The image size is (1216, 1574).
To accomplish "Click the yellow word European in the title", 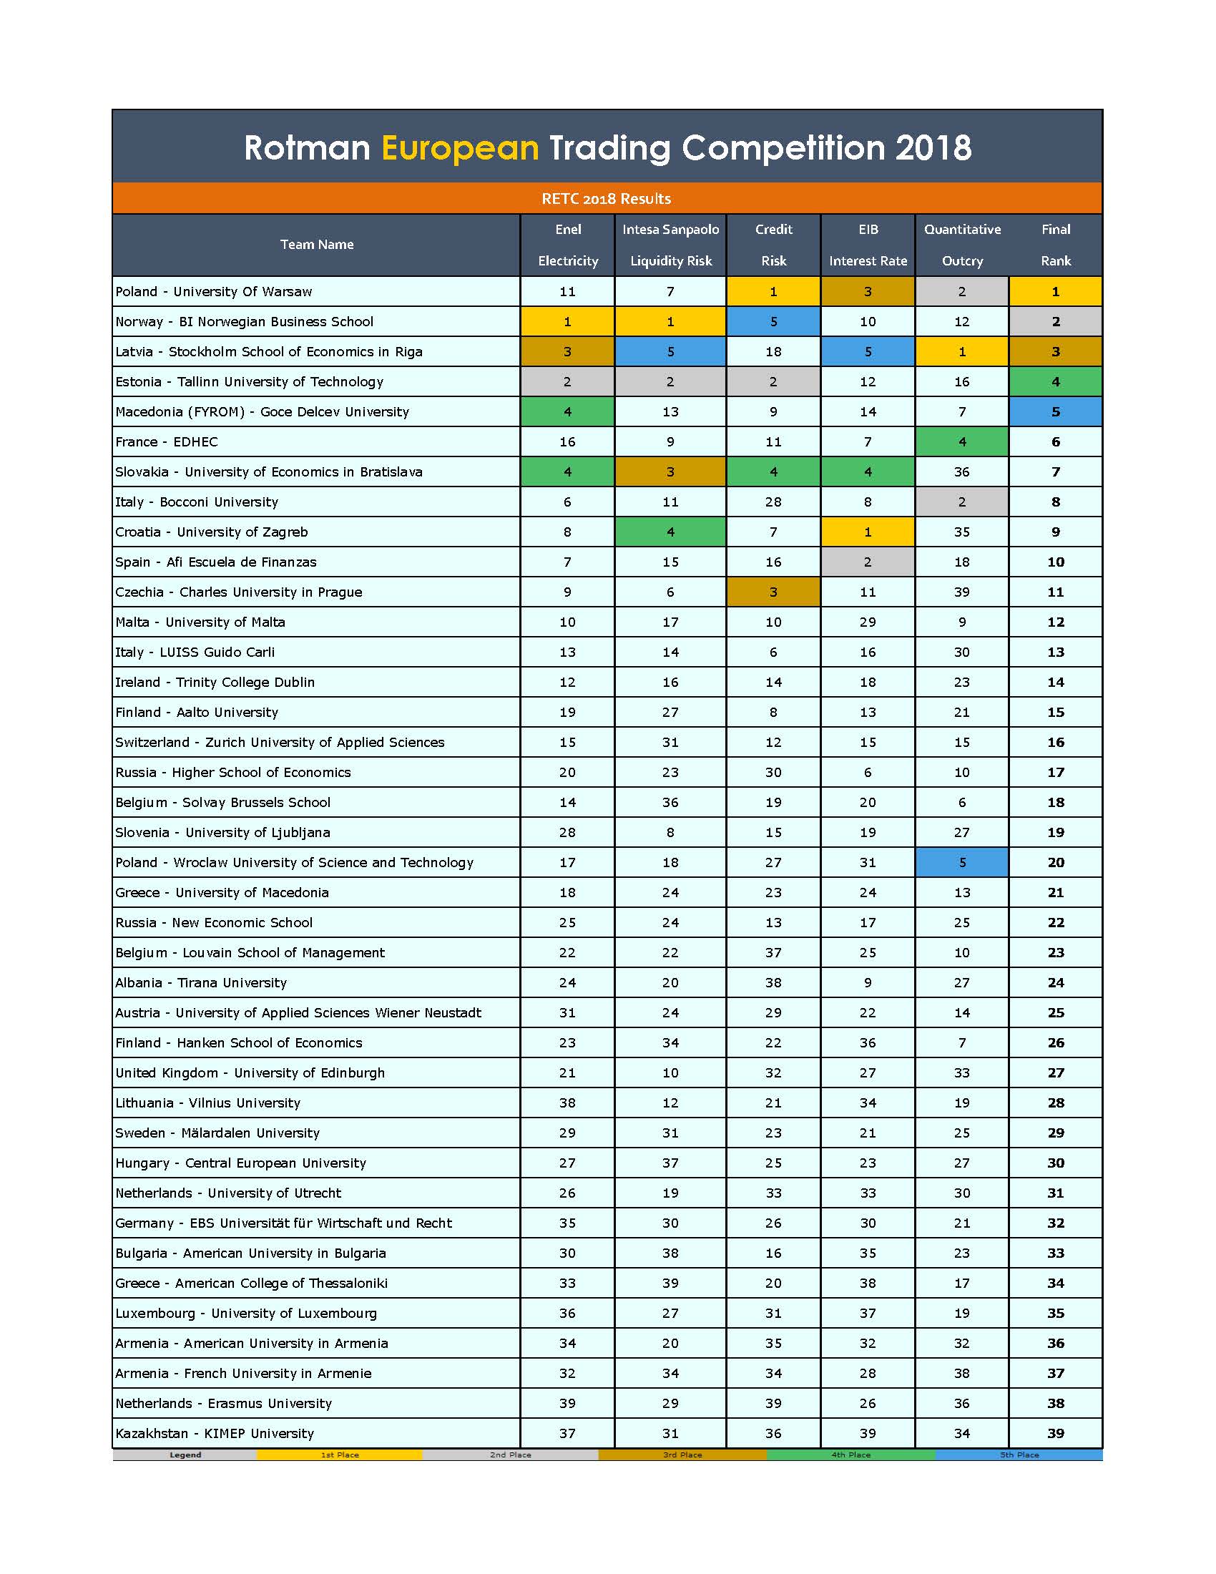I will [x=460, y=149].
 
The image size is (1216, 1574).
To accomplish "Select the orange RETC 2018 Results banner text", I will [x=606, y=199].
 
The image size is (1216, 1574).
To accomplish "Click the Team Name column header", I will [x=316, y=244].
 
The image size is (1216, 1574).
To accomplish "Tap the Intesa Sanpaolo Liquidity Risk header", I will [x=670, y=245].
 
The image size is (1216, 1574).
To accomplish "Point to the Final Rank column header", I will [x=1055, y=245].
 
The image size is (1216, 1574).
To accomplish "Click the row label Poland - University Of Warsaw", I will [x=214, y=292].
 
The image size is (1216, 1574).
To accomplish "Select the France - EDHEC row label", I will [x=167, y=441].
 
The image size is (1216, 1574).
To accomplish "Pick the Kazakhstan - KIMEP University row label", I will [x=215, y=1434].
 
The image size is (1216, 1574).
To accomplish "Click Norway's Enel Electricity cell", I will [x=567, y=322].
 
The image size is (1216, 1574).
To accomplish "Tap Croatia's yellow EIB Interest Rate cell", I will [x=868, y=532].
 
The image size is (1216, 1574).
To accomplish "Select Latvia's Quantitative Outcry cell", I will [x=961, y=352].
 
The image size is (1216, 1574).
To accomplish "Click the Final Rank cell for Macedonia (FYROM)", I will [x=1055, y=412].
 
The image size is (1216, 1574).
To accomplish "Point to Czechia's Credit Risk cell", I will [x=773, y=592].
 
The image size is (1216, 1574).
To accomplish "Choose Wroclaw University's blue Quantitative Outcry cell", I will [x=961, y=863].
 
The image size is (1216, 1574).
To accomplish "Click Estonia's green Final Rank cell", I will [x=1055, y=382].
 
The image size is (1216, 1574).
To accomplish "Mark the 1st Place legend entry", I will [x=339, y=1455].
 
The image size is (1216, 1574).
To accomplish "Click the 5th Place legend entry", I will [x=1019, y=1455].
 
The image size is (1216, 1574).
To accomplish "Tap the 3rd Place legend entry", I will [x=682, y=1455].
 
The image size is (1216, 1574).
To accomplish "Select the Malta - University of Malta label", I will [x=200, y=622].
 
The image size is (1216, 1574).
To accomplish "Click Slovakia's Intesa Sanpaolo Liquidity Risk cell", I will [x=670, y=472].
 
